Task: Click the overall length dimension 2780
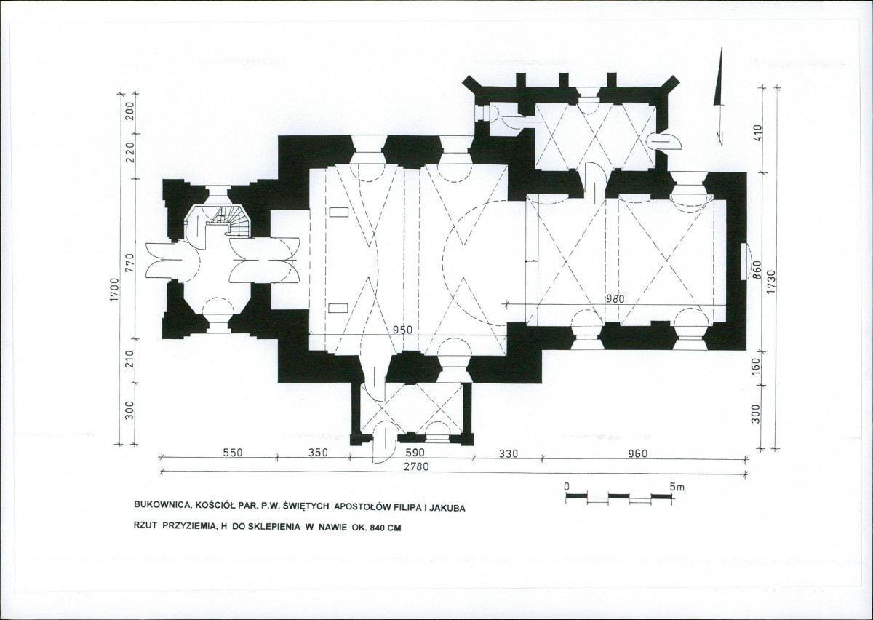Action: point(415,466)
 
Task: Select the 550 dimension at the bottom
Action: point(232,453)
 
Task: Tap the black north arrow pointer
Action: point(718,80)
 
